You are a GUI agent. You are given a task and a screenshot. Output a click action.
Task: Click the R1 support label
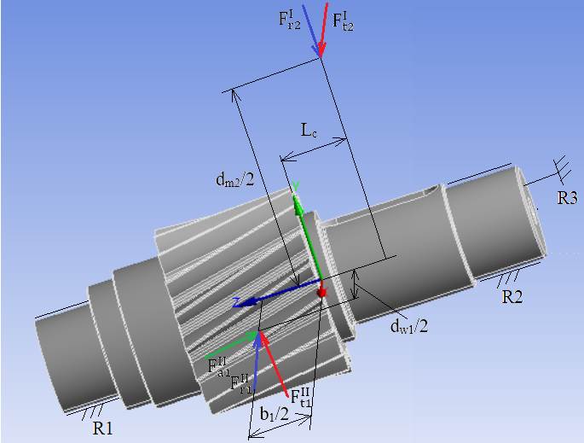(102, 428)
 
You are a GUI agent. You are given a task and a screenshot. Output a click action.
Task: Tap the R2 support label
(512, 297)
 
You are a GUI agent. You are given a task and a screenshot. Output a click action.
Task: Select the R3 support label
(567, 198)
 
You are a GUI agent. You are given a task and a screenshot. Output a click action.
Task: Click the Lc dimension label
(309, 131)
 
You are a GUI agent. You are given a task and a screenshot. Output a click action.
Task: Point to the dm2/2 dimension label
(235, 180)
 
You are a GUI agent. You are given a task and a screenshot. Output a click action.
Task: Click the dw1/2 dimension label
(408, 327)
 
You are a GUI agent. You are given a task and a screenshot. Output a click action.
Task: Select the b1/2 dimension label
(275, 413)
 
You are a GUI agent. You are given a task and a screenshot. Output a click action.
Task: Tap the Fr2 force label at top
(289, 20)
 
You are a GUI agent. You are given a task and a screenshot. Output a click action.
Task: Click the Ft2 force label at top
(343, 20)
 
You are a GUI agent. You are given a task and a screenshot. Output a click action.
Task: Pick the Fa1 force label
(218, 366)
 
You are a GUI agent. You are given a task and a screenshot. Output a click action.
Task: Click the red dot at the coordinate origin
(321, 293)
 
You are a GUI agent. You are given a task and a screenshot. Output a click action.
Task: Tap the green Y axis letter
(295, 185)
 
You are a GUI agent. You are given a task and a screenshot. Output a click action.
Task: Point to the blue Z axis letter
(235, 300)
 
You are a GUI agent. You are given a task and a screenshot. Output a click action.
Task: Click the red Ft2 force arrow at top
(323, 30)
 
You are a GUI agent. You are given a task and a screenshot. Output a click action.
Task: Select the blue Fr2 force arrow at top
(310, 31)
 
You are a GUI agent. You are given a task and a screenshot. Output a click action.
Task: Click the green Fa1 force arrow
(231, 345)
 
